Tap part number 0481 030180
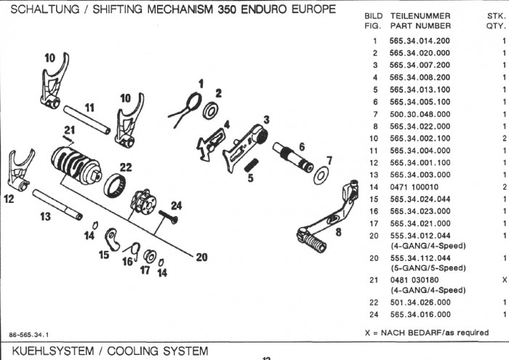coord(418,279)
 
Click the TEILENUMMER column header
coord(420,15)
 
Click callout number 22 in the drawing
coord(126,167)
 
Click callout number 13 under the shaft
coord(44,216)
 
